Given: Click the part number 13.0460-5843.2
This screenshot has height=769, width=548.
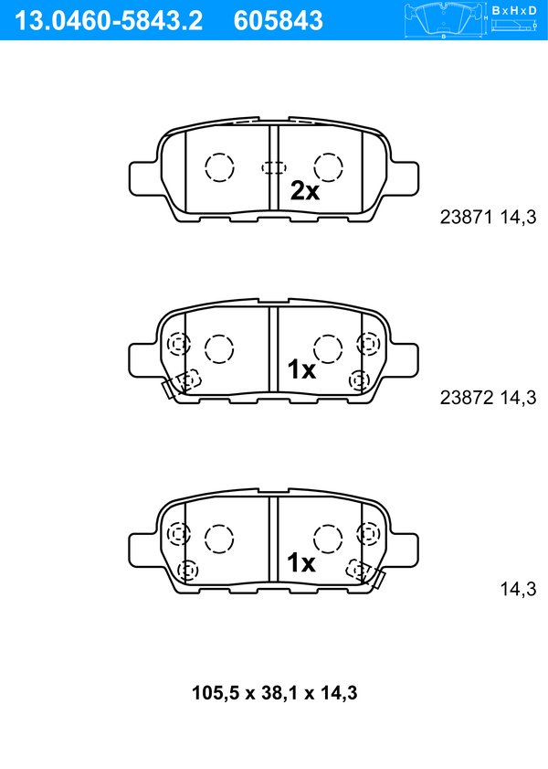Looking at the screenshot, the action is [108, 21].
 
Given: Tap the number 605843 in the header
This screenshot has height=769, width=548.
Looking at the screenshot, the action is [279, 21].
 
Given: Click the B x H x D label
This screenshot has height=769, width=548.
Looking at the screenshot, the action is [514, 10].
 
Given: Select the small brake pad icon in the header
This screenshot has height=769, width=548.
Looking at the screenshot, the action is [443, 21].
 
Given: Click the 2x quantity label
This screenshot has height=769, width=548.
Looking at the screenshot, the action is [305, 191].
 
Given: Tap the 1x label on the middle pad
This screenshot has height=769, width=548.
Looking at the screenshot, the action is [301, 369].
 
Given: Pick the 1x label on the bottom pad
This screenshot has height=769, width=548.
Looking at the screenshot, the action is [301, 562].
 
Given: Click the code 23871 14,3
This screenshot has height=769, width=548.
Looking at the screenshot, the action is [488, 217].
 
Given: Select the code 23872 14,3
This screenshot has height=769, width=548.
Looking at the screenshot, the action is [488, 397].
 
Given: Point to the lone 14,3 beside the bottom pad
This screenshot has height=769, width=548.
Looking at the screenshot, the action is [518, 589].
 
